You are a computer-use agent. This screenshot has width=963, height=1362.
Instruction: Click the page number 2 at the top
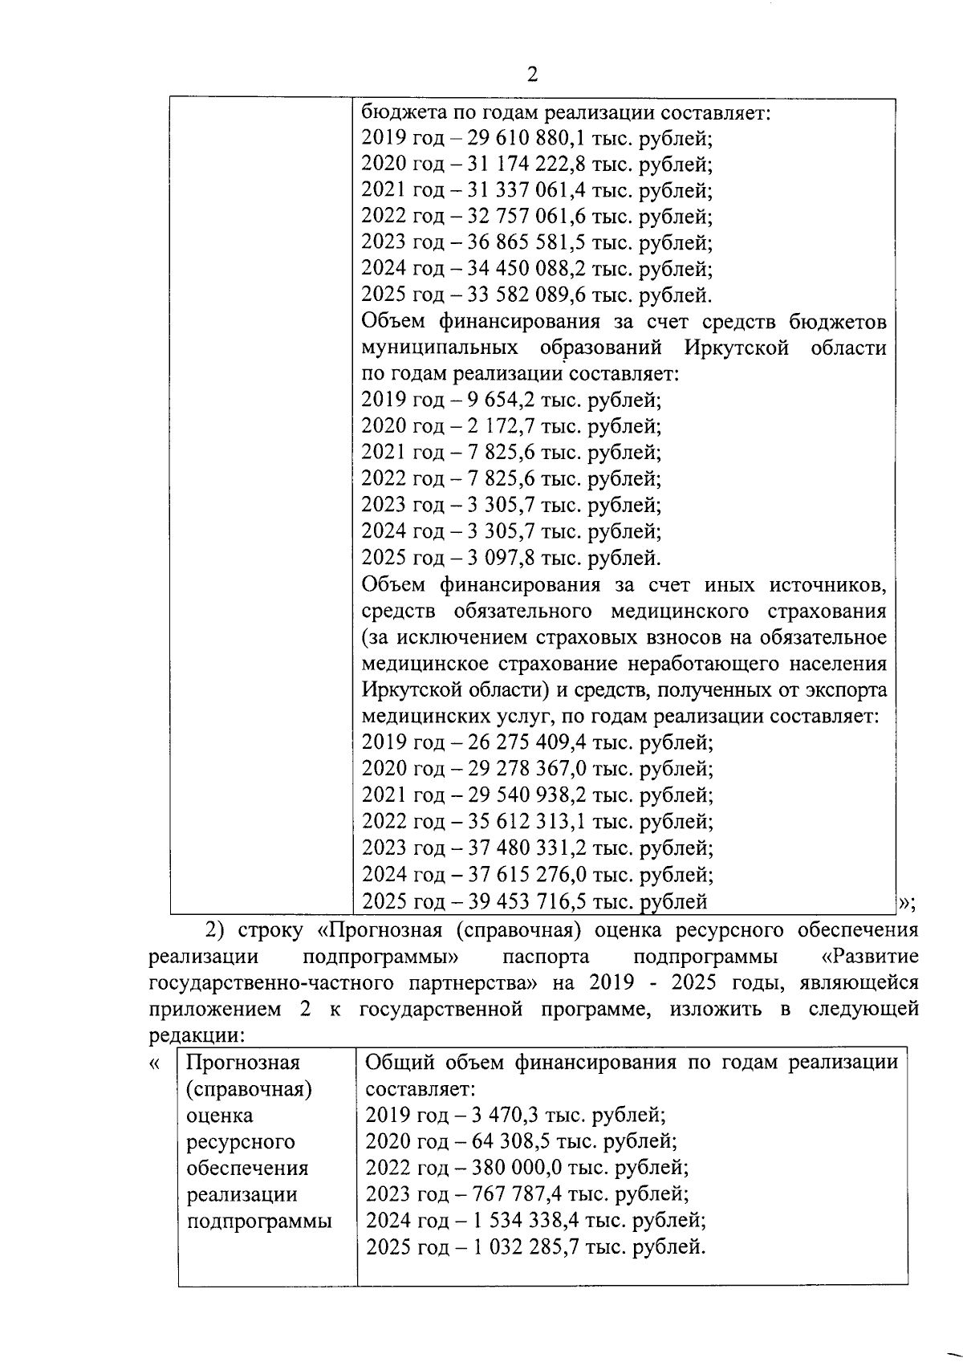coord(531,75)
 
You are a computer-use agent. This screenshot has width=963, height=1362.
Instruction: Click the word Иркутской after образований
coord(737,348)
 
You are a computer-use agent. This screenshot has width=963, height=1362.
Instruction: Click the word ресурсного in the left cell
coord(240,1141)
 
